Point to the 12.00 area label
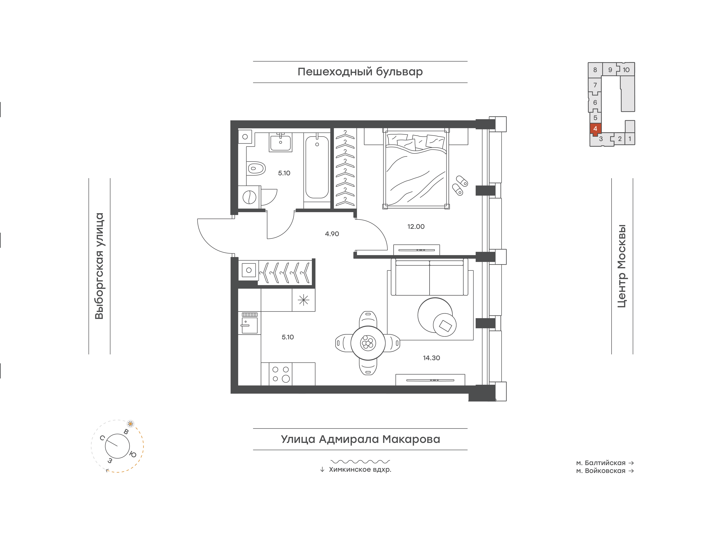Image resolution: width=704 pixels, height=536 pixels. [416, 227]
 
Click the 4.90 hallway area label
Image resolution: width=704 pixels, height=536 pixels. [332, 234]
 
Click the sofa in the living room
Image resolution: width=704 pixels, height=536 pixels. [429, 277]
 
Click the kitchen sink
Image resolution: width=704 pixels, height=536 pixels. [249, 323]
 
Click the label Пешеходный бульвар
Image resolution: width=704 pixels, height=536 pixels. [360, 72]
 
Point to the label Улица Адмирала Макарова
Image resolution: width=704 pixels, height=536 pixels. [360, 439]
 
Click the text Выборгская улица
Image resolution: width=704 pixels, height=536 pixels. [100, 266]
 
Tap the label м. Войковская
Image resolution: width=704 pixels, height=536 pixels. [601, 471]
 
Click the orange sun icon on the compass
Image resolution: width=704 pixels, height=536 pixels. [130, 424]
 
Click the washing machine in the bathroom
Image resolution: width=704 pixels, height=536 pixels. [249, 197]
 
